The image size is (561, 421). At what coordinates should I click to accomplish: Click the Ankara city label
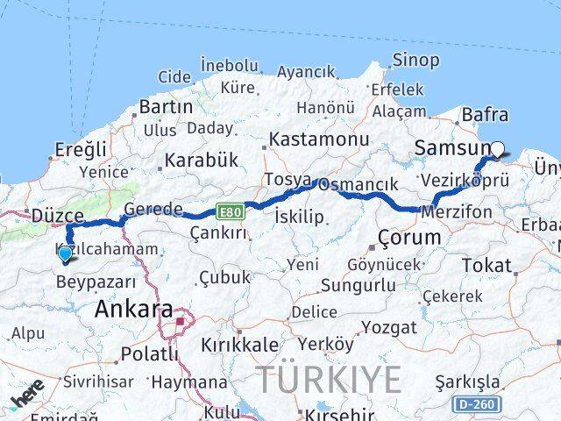[x=133, y=309]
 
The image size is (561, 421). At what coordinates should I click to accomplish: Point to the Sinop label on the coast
[x=416, y=61]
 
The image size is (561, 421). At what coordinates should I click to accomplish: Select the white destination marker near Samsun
[x=497, y=149]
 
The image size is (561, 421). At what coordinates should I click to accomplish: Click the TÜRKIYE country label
[x=330, y=379]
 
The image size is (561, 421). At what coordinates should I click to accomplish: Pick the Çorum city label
[x=409, y=238]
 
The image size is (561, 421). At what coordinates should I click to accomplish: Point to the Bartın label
[x=166, y=107]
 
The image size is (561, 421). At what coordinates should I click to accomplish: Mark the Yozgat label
[x=391, y=327]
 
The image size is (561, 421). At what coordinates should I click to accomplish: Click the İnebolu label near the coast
[x=229, y=64]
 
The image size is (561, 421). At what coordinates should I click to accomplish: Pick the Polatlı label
[x=148, y=354]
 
